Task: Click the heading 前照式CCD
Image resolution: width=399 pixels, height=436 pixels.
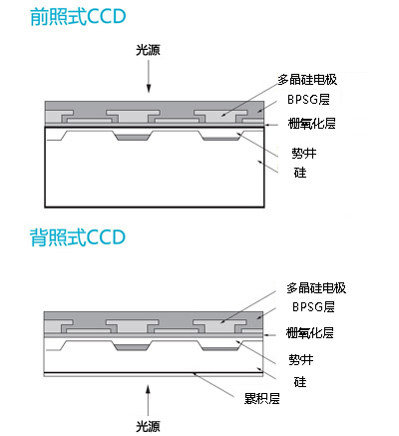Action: [78, 17]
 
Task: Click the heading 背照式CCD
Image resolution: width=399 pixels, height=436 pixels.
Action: [78, 237]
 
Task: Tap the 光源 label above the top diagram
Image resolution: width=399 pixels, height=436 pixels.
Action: [148, 50]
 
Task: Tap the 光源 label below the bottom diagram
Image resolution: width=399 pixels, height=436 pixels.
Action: [148, 426]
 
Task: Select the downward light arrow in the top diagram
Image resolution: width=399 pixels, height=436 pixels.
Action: [149, 76]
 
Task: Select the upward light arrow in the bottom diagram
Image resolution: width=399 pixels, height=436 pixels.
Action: [149, 400]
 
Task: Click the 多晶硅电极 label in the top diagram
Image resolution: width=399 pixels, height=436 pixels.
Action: [307, 80]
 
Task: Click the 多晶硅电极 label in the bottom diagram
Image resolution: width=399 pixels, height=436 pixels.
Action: [316, 288]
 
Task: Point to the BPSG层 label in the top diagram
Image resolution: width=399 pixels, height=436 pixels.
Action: [308, 100]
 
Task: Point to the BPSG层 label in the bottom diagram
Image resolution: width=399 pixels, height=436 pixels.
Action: [313, 306]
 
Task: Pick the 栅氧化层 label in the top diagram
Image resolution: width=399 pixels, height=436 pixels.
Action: [311, 124]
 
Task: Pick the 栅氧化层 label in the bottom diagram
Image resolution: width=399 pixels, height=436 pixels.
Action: [309, 332]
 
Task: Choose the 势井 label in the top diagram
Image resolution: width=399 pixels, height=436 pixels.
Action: [304, 154]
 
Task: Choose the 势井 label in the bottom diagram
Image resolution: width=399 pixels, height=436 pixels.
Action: [301, 360]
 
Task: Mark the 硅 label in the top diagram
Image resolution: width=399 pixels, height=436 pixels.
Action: [300, 173]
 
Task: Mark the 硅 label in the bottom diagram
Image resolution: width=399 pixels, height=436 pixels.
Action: [300, 382]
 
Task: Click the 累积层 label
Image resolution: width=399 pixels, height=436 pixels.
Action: [262, 398]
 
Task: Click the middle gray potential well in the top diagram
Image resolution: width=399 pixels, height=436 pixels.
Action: [133, 136]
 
